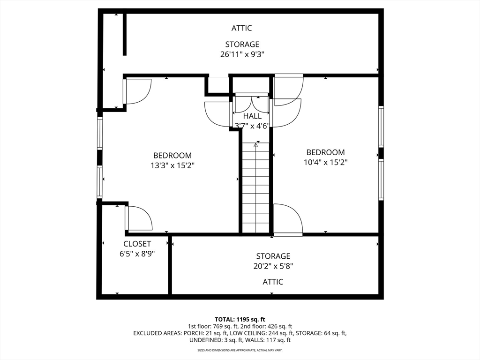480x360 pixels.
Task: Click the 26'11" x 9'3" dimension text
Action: [242, 54]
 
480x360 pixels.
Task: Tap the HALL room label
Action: [253, 116]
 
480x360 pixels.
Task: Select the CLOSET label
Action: [137, 244]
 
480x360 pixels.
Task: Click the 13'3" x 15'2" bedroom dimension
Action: [172, 165]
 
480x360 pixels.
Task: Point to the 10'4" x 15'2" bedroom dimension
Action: [325, 162]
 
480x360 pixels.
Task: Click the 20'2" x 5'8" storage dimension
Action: [273, 266]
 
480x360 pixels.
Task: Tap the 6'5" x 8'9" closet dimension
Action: [137, 254]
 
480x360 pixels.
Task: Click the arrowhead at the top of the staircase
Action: [255, 144]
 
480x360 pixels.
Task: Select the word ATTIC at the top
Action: [241, 28]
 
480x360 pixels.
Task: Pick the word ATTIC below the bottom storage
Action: [273, 282]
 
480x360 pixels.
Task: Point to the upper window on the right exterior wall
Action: [381, 127]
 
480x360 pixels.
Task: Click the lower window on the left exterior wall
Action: [100, 181]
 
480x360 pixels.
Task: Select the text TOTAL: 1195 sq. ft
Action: [240, 320]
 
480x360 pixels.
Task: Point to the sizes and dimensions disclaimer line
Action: [240, 350]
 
